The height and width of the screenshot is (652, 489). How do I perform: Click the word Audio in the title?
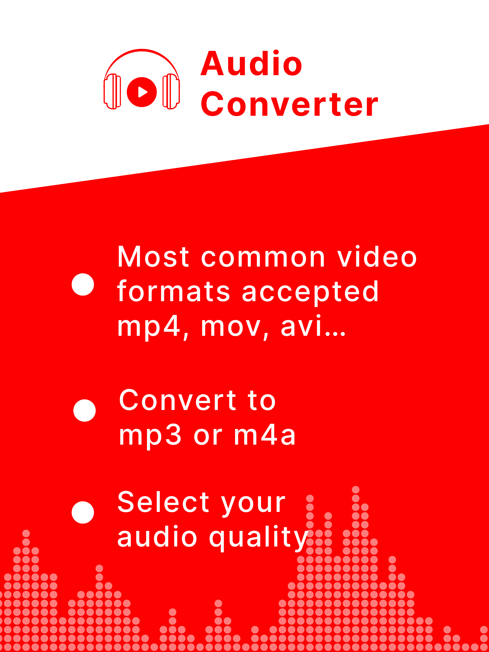[251, 63]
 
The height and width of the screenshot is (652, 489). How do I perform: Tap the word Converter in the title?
[289, 104]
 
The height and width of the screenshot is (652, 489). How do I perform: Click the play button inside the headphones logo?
[142, 92]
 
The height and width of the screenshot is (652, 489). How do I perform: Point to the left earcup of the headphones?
[112, 91]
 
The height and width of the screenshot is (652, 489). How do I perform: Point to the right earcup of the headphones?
[171, 91]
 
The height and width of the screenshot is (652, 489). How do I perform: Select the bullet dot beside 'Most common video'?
[83, 284]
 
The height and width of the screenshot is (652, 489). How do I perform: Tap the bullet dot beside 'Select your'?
[83, 513]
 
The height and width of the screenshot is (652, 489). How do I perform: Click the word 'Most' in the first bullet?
[153, 257]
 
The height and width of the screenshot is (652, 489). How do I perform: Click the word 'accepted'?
[310, 293]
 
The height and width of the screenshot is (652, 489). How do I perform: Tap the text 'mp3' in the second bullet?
[150, 436]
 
